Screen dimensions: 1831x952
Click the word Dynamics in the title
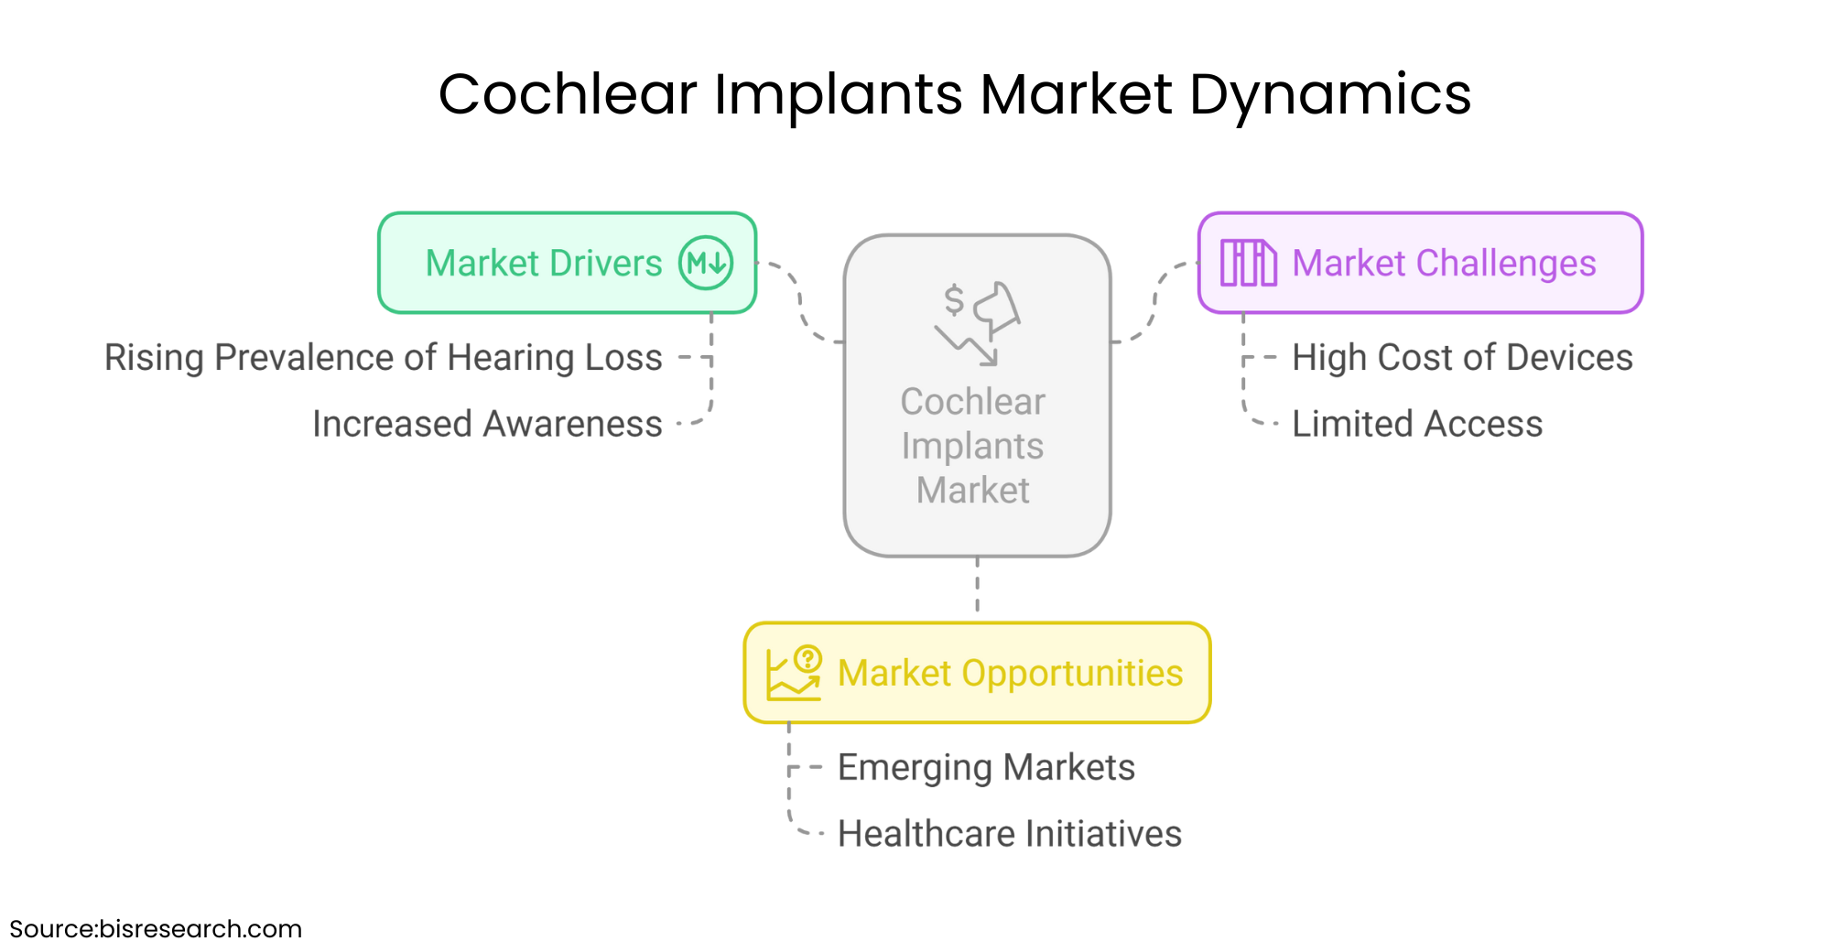(1330, 95)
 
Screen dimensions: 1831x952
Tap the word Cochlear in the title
(568, 93)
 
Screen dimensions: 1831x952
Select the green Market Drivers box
(568, 263)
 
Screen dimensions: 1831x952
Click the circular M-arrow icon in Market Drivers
(706, 263)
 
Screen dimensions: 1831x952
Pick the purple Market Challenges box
(1421, 263)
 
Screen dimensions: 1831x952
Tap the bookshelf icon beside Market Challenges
(1249, 263)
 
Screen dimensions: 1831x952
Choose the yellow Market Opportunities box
(978, 673)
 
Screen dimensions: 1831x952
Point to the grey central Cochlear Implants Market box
(978, 395)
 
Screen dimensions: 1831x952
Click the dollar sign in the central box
(954, 299)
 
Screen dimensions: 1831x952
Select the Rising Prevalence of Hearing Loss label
(383, 358)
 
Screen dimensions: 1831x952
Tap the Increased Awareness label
(487, 424)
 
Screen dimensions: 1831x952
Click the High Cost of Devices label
(1462, 358)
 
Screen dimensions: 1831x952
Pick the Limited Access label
(1417, 424)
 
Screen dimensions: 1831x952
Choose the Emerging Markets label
(986, 768)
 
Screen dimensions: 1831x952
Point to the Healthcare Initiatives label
(1010, 834)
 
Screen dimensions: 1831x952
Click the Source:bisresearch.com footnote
(156, 929)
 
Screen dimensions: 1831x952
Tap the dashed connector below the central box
(978, 584)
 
